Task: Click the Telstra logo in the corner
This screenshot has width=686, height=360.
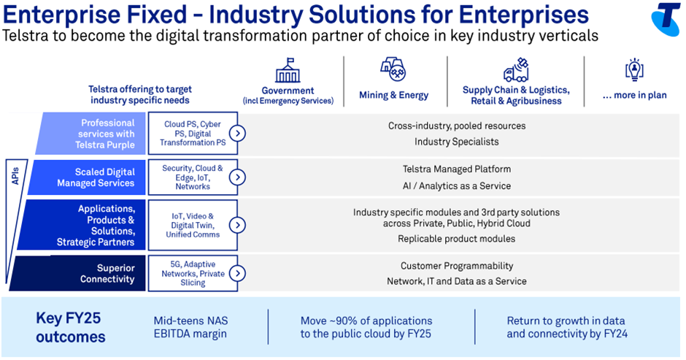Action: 666,19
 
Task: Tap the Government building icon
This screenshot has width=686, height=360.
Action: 288,70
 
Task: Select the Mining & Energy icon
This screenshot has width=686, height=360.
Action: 393,69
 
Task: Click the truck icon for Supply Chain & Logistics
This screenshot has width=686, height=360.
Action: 516,70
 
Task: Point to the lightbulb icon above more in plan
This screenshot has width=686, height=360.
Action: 634,69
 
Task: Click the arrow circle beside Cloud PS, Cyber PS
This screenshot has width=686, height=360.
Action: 238,133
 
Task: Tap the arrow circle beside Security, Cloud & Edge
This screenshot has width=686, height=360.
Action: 238,177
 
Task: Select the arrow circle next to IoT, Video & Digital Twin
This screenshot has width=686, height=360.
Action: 238,225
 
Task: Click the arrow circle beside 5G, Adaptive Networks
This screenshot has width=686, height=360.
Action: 238,273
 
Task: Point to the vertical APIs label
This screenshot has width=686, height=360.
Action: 16,176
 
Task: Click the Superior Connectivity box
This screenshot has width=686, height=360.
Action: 77,273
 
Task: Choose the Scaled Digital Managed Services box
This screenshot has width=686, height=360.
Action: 87,177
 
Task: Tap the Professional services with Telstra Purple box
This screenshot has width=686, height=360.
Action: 90,134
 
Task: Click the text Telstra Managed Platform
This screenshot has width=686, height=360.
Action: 456,169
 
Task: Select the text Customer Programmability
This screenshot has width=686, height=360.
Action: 457,266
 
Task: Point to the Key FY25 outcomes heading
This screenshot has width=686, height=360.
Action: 71,327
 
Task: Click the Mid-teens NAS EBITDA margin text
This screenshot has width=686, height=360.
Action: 190,327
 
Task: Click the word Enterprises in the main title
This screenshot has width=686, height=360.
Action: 524,15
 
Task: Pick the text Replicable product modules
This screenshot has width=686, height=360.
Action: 456,239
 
